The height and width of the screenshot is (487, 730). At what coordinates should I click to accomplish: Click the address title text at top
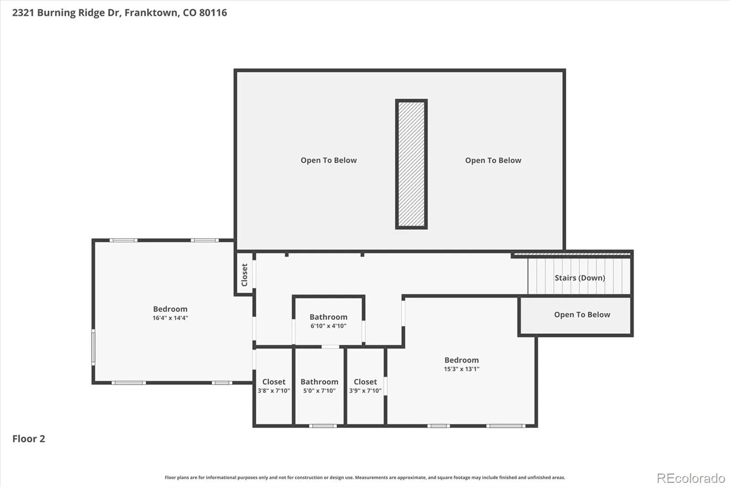(x=120, y=13)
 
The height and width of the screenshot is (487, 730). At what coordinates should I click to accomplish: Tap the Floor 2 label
(x=29, y=439)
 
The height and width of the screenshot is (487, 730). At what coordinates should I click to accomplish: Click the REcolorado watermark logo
(x=691, y=478)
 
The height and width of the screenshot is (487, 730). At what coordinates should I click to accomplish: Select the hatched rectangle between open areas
(x=411, y=164)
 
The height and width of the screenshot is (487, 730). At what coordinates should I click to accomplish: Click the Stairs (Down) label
(x=580, y=278)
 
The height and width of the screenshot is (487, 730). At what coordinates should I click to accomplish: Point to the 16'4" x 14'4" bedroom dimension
(x=171, y=318)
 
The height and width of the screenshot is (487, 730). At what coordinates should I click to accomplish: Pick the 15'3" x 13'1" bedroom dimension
(x=462, y=369)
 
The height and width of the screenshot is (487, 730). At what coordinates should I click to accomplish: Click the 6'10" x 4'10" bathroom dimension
(x=328, y=326)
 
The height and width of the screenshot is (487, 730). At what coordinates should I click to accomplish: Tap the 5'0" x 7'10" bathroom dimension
(x=319, y=391)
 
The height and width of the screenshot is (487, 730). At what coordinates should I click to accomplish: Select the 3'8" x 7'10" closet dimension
(x=274, y=391)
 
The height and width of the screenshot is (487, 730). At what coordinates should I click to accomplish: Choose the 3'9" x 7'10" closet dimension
(x=365, y=391)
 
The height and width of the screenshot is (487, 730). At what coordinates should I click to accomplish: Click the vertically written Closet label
(x=245, y=275)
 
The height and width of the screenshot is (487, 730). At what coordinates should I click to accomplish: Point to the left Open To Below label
(x=328, y=160)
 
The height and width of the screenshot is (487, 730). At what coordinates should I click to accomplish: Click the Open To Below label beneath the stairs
(x=582, y=315)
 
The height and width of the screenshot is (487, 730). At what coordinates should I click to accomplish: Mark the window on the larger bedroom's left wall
(x=93, y=347)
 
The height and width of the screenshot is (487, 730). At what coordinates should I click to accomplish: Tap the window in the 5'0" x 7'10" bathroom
(x=323, y=426)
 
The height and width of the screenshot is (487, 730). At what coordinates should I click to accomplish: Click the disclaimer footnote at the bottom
(x=365, y=477)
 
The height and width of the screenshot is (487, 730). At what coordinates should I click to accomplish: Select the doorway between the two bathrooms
(x=330, y=347)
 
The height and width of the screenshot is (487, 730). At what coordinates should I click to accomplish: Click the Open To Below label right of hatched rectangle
(x=493, y=160)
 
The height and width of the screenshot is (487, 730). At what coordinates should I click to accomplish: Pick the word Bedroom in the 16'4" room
(x=171, y=309)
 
